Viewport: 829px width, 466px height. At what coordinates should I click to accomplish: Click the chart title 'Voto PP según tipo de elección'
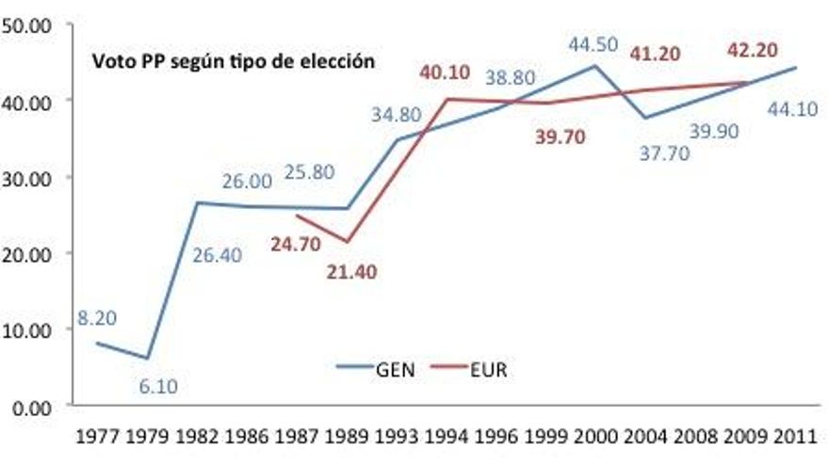coord(233,63)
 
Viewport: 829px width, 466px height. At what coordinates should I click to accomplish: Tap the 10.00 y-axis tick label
coord(28,329)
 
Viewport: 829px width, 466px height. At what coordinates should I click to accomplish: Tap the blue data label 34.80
coord(397,120)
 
